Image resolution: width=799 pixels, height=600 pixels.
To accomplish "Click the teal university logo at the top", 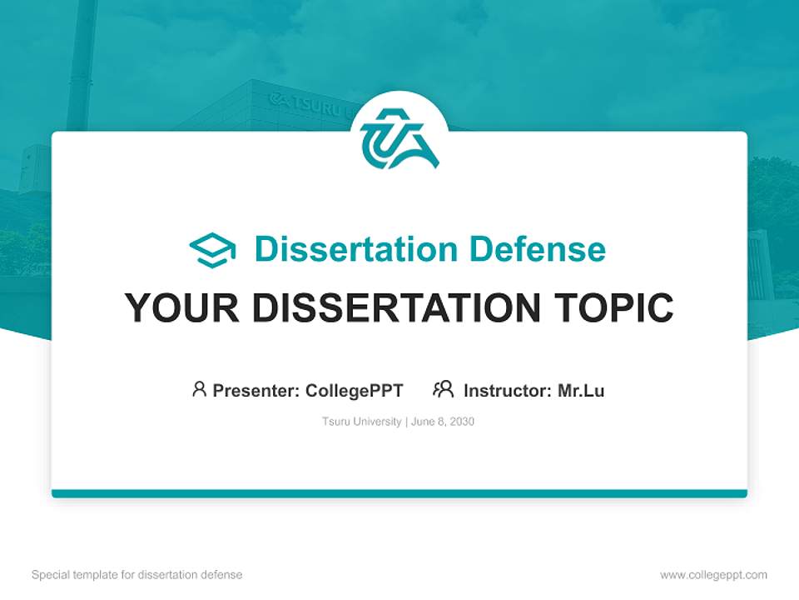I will coord(399,137).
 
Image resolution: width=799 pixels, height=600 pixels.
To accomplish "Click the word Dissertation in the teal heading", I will coord(356,249).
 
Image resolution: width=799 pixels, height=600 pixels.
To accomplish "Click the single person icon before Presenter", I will coord(199,389).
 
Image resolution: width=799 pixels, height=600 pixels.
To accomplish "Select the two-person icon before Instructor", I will coord(444,389).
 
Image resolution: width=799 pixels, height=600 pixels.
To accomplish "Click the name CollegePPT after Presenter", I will coord(355,390).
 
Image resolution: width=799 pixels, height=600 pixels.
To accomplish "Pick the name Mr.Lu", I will coord(581,390).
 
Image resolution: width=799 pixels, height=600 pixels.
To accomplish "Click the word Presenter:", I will coord(257,390).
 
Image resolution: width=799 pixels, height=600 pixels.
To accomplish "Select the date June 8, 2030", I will coord(443,422).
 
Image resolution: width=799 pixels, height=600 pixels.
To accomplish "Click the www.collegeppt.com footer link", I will coord(713,575).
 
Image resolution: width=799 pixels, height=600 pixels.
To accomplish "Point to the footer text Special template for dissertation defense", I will coord(137,575).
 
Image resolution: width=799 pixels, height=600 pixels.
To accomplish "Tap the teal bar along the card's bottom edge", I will coord(399,493).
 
